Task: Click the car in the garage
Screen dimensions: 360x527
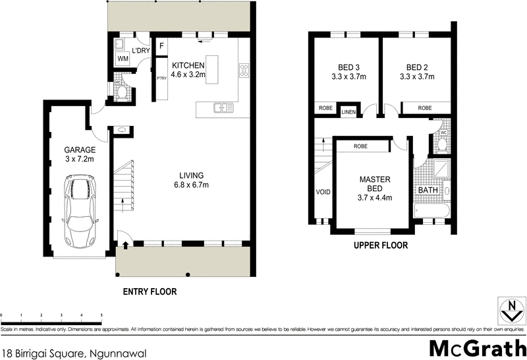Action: pos(78,209)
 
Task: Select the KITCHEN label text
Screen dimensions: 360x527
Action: pos(188,66)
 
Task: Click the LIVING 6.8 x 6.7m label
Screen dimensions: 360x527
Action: pos(190,180)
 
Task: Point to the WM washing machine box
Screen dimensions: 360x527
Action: pos(123,59)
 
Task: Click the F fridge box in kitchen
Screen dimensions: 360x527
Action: pos(161,47)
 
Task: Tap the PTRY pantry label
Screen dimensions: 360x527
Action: pos(161,78)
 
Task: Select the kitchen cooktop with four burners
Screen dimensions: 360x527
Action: pos(244,69)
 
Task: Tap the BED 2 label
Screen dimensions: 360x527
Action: pos(418,72)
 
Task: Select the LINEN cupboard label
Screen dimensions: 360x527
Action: pos(348,112)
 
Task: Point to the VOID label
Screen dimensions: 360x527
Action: pos(323,193)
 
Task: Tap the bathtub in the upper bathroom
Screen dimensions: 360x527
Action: pos(432,212)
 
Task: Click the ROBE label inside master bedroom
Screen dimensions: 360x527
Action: pos(360,146)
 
